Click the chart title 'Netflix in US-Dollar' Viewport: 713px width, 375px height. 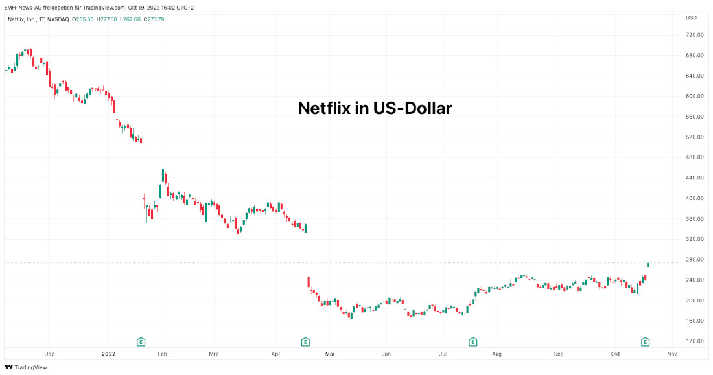(375, 108)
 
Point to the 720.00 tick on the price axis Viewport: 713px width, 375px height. (695, 35)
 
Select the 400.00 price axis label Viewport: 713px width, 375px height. (695, 198)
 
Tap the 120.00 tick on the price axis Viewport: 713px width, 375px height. (695, 341)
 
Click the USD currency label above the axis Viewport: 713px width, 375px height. (691, 17)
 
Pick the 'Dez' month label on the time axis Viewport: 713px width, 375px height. (49, 354)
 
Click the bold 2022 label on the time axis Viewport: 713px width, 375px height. (108, 354)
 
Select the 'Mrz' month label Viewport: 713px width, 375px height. (213, 354)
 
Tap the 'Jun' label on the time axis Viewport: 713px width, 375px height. (386, 354)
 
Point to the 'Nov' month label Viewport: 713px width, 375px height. (672, 354)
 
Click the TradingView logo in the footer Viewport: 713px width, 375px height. (26, 367)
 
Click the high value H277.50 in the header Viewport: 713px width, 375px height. (107, 19)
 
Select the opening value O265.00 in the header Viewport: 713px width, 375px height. (82, 19)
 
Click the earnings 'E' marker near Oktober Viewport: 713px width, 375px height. (646, 341)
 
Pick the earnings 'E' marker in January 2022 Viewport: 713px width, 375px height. (141, 341)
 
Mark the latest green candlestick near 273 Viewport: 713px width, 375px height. (648, 264)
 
